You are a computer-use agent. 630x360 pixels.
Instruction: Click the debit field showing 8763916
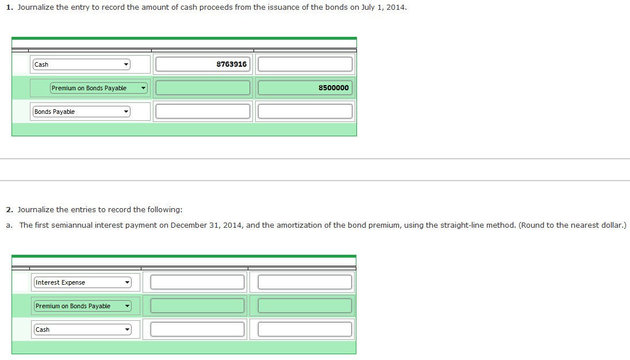pyautogui.click(x=203, y=64)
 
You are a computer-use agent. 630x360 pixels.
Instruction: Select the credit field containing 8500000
pyautogui.click(x=305, y=88)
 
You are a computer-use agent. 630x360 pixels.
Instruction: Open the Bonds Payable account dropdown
pyautogui.click(x=82, y=112)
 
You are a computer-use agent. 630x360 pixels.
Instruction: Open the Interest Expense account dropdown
pyautogui.click(x=82, y=282)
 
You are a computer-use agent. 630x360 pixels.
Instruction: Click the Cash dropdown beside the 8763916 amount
pyautogui.click(x=82, y=64)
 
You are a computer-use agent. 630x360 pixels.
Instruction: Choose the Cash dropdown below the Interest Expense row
pyautogui.click(x=82, y=330)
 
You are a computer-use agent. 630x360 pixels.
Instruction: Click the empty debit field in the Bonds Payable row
pyautogui.click(x=203, y=112)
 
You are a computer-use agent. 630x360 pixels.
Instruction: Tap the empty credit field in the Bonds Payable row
pyautogui.click(x=305, y=112)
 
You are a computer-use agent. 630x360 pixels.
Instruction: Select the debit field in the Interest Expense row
pyautogui.click(x=197, y=282)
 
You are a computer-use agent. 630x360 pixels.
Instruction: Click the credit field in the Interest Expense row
pyautogui.click(x=305, y=282)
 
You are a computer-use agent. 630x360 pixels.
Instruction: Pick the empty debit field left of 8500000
pyautogui.click(x=203, y=88)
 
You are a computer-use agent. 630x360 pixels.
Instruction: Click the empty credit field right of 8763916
pyautogui.click(x=305, y=64)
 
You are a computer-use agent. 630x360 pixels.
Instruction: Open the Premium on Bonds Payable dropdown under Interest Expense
pyautogui.click(x=82, y=306)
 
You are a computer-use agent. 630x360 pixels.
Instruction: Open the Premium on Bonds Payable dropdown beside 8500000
pyautogui.click(x=99, y=88)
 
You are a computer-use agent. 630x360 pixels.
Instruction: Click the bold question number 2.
pyautogui.click(x=9, y=210)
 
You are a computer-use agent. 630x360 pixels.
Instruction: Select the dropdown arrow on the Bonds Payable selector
pyautogui.click(x=126, y=112)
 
